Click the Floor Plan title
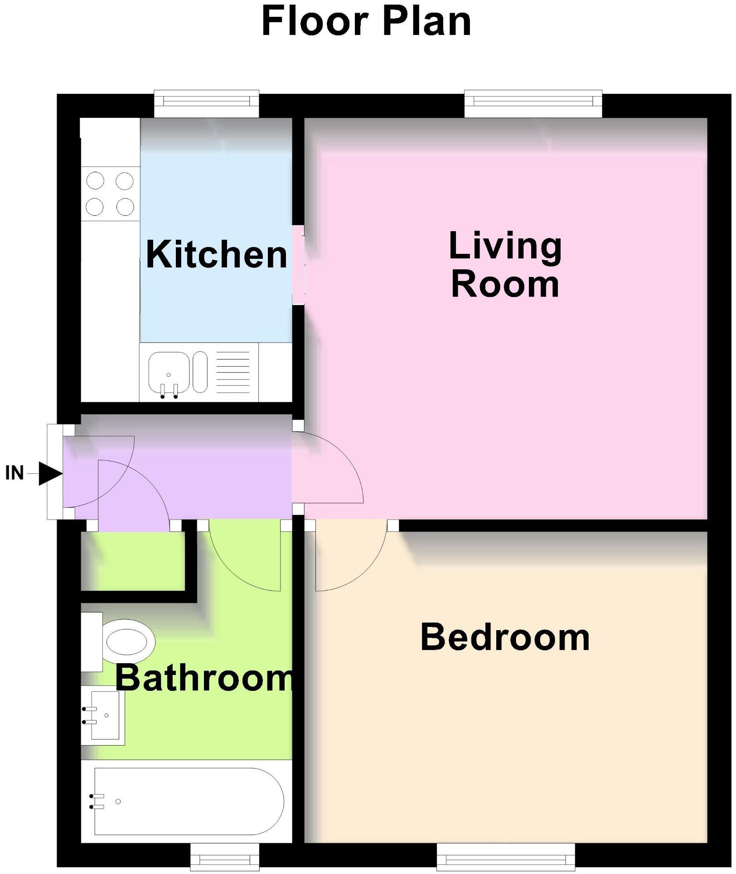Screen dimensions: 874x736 pos(366,22)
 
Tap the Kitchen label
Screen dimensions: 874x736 pos(217,255)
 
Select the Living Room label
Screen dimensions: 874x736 pos(505,265)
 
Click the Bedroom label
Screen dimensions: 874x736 pos(505,637)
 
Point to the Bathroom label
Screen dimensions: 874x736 pos(204,678)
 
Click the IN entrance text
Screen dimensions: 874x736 pos(15,473)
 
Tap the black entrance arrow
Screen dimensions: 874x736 pos(49,474)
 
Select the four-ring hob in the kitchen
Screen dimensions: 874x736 pos(110,194)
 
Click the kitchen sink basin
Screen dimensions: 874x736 pos(169,373)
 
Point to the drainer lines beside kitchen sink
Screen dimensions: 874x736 pos(233,373)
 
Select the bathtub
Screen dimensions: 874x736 pos(188,801)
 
